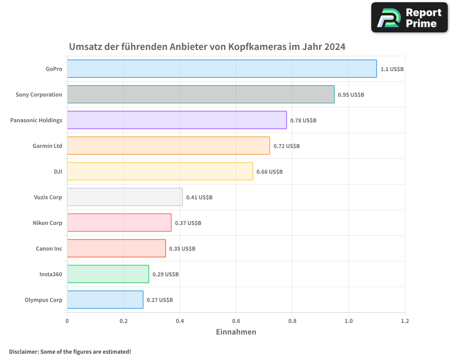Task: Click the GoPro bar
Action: point(222,69)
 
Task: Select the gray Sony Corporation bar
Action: point(201,94)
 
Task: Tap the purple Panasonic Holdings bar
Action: point(177,120)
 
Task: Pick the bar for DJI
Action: point(160,171)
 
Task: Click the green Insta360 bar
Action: point(108,274)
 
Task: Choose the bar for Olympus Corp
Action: point(105,300)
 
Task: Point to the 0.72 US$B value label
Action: point(286,146)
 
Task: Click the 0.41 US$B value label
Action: point(199,198)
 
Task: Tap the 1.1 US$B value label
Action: point(392,69)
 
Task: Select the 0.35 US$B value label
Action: point(182,249)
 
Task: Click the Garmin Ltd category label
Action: point(47,146)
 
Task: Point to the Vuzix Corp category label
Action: point(48,197)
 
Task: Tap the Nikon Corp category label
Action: point(47,223)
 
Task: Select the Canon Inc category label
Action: point(49,248)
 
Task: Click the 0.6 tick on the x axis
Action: point(236,321)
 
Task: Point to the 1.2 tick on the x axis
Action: point(405,321)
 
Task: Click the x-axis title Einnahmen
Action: point(236,332)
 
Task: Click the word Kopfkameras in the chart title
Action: point(256,47)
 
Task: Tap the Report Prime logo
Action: point(409,18)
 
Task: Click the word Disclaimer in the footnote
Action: point(23,351)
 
